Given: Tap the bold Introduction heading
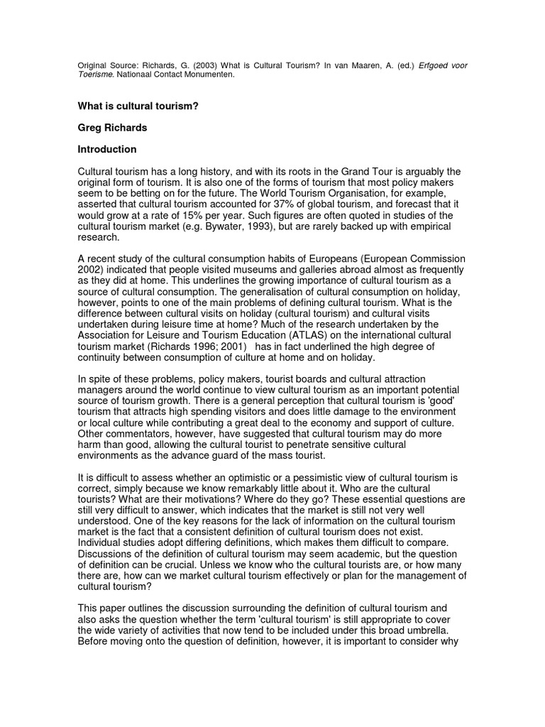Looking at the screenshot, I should click(106, 150).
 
